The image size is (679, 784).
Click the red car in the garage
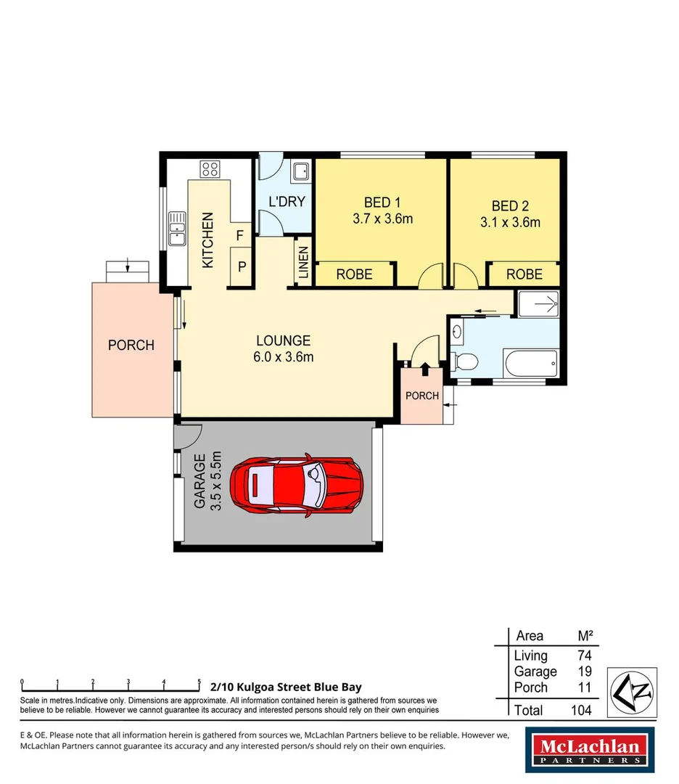click(297, 486)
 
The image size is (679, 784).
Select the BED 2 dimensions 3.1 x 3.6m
click(510, 223)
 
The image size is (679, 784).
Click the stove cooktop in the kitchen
click(210, 170)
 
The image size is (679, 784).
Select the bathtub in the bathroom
click(531, 362)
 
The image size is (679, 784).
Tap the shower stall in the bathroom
click(538, 303)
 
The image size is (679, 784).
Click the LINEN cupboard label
click(303, 263)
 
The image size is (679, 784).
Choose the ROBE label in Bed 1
click(354, 274)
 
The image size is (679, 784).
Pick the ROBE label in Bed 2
click(524, 274)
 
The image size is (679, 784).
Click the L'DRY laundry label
click(287, 202)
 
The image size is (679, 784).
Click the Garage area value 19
click(583, 671)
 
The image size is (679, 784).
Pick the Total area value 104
click(580, 710)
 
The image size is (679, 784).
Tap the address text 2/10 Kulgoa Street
click(286, 687)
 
